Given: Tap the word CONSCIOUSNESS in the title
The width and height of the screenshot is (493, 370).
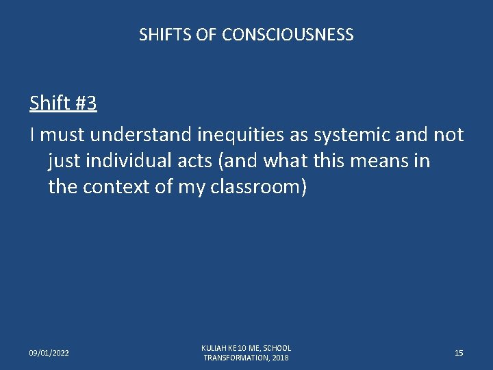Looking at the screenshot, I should [288, 35].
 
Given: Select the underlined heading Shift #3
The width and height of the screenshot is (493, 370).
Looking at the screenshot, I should [63, 103].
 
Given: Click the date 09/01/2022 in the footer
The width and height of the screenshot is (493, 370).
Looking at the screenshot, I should [49, 353].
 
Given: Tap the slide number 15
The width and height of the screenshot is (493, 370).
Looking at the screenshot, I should [459, 353].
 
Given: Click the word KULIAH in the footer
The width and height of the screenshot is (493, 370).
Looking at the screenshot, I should [214, 348].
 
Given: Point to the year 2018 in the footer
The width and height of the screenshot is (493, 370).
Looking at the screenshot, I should [280, 358].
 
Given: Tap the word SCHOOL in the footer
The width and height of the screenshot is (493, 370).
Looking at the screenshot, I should [277, 348].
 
